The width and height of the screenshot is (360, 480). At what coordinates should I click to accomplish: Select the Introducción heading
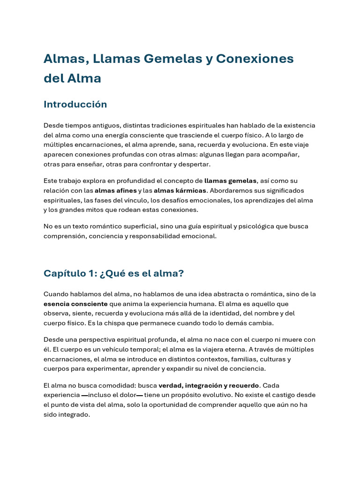click(75, 105)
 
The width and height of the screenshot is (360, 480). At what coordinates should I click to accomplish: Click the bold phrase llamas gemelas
click(231, 181)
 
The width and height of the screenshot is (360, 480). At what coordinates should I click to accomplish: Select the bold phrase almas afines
click(116, 191)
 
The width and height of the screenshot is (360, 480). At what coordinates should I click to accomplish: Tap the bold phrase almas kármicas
click(180, 191)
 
